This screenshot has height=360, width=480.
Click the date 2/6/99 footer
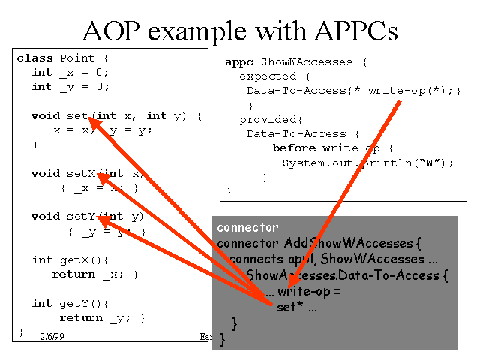52,337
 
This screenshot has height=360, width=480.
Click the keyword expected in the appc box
268,76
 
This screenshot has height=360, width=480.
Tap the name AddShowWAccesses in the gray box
349,243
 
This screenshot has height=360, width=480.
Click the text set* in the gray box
287,307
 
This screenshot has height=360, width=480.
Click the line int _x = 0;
70,72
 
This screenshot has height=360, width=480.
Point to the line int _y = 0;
70,86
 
